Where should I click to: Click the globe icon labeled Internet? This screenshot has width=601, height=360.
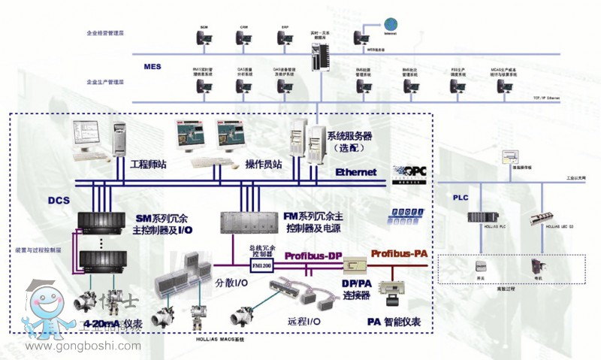pyautogui.click(x=390, y=24)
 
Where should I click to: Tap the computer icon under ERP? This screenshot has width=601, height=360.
pyautogui.click(x=285, y=38)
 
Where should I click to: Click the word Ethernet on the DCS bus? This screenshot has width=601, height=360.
pyautogui.click(x=355, y=172)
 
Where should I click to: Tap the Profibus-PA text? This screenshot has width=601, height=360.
pyautogui.click(x=399, y=254)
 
